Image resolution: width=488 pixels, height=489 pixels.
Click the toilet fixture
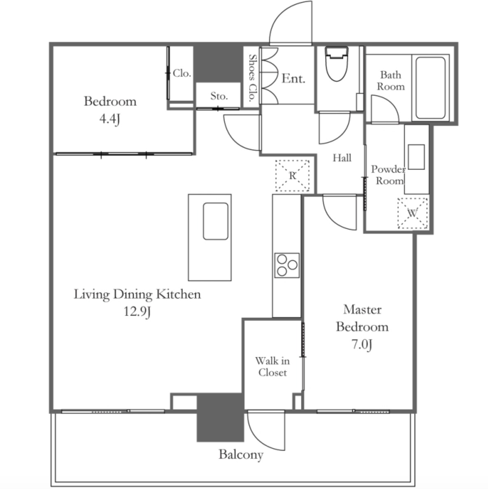point(336,64)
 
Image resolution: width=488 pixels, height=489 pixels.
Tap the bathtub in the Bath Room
point(430,88)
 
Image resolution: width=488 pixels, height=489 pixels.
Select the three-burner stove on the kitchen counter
point(287,265)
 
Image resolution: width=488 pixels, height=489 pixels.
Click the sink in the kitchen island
point(216,221)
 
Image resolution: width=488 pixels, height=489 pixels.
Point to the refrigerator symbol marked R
point(292,175)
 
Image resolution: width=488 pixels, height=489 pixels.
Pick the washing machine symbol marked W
point(412,213)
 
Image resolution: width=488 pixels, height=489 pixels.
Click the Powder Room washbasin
point(416,157)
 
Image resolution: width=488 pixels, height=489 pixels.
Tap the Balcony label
point(241,455)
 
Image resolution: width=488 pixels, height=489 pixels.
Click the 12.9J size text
point(137,311)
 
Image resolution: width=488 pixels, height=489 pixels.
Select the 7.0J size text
point(362,344)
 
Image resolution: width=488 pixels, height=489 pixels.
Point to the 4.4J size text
point(110,119)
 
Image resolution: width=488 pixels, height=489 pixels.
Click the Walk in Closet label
point(272,367)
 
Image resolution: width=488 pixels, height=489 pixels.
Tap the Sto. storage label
point(219,96)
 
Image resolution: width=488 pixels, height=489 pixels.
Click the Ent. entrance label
point(293,78)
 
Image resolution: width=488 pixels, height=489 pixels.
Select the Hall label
point(342,158)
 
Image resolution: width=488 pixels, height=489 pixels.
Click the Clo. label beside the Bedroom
point(182,73)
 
